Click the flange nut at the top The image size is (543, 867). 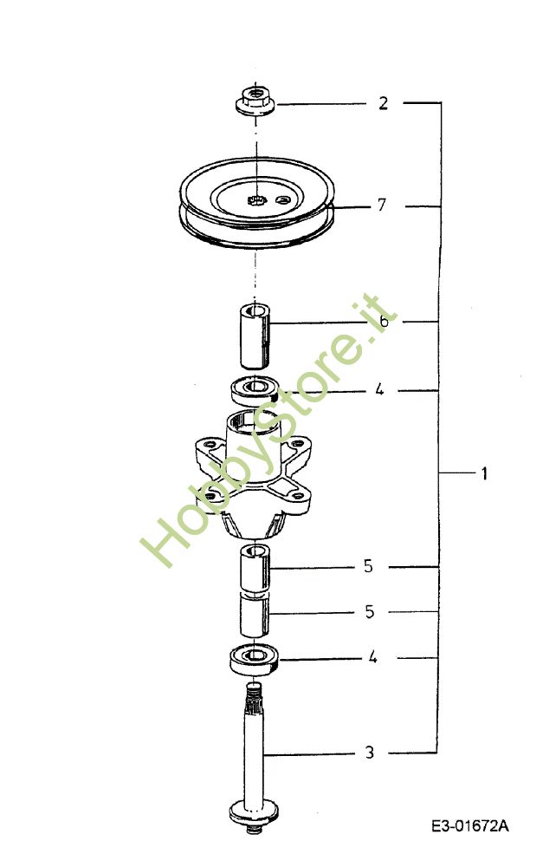point(255,100)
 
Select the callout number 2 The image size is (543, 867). point(384,103)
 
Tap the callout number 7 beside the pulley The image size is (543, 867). point(381,205)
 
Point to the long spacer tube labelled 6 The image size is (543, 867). point(255,335)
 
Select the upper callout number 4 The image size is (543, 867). point(379,390)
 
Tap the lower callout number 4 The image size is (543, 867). point(373,657)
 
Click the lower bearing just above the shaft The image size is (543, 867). point(254,659)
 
